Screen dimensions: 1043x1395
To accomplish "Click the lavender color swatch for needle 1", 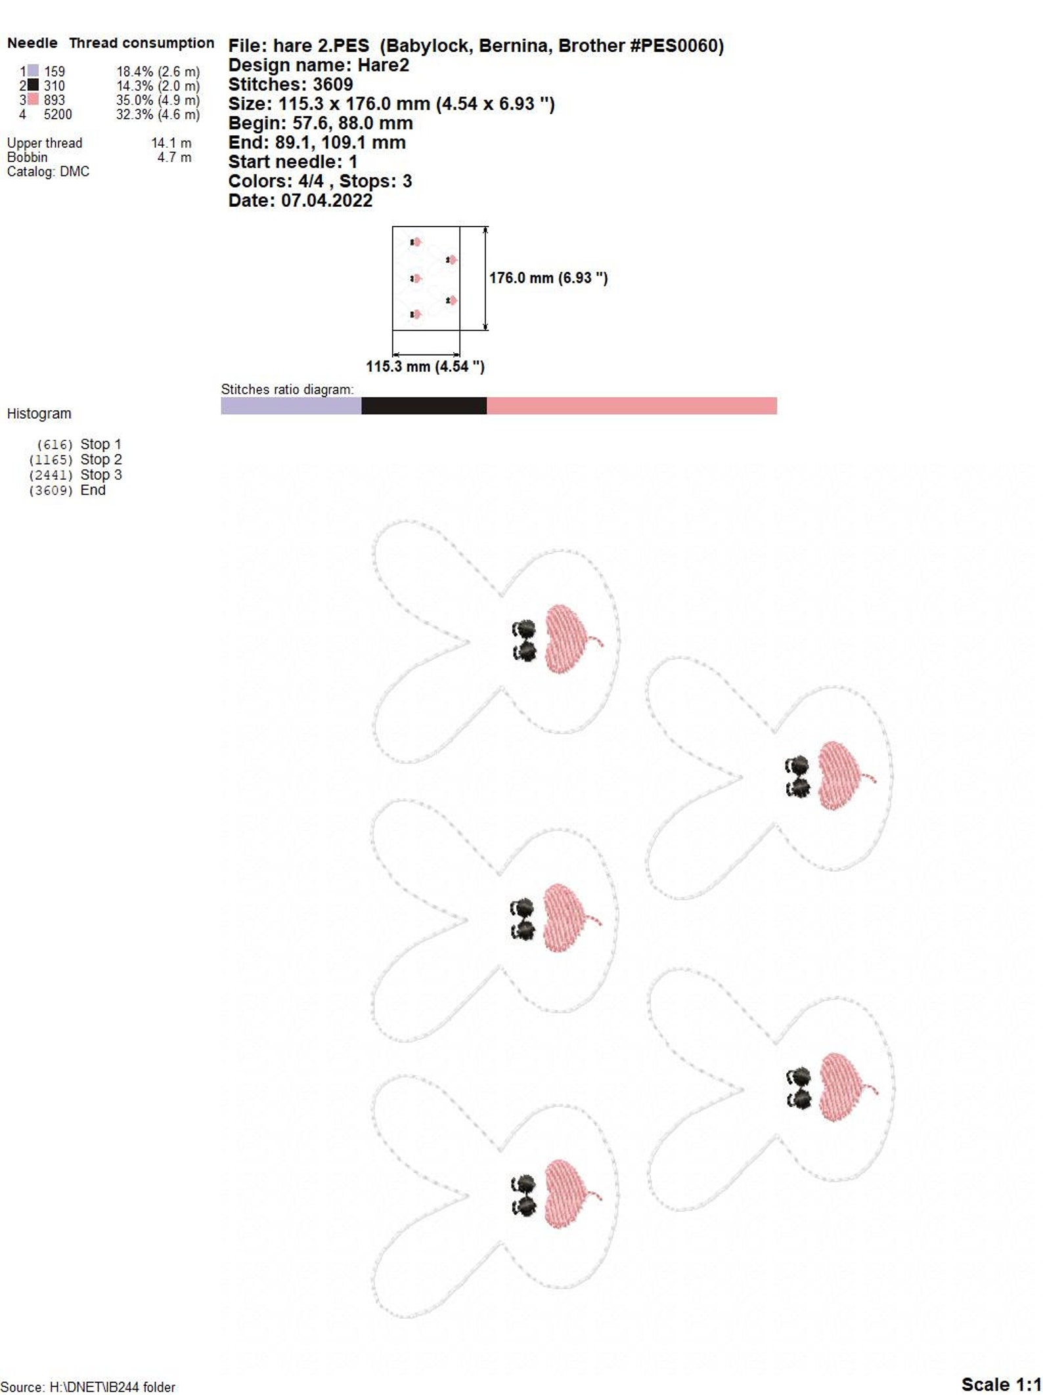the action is (33, 71).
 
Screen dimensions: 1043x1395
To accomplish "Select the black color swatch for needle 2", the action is (33, 85).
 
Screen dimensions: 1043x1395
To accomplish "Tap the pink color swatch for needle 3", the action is (33, 100).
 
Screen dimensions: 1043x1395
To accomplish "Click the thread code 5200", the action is (58, 114).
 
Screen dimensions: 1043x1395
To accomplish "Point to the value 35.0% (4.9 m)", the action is (158, 100).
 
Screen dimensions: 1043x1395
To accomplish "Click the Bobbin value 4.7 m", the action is (175, 157).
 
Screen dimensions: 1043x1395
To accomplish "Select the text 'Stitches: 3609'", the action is (290, 84).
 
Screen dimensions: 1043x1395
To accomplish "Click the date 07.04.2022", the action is (327, 200).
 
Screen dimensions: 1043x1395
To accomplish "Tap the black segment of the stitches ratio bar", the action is (424, 406).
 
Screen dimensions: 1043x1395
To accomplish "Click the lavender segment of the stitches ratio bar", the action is (291, 406).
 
